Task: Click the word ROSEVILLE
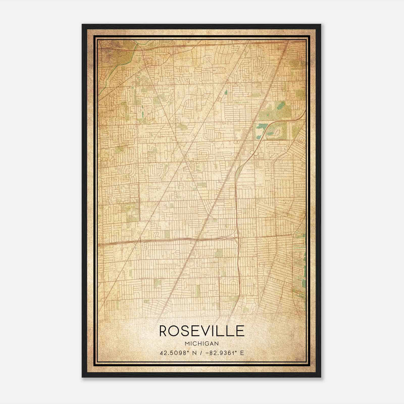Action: click(202, 331)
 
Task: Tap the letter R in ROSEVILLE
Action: click(164, 331)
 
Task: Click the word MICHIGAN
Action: click(202, 344)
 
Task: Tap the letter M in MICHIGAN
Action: click(187, 344)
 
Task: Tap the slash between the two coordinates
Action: click(201, 353)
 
